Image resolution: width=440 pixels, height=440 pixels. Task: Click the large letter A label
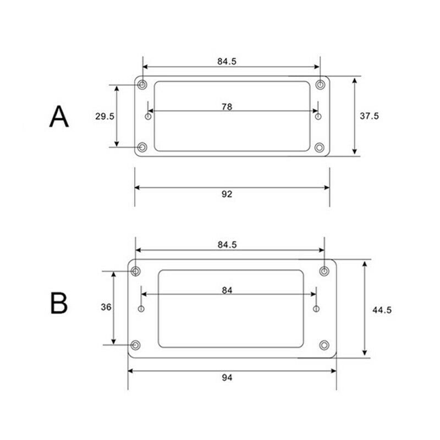(x=59, y=117)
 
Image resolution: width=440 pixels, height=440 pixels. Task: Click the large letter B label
(x=59, y=303)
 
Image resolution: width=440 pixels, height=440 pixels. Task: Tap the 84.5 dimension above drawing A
(x=227, y=61)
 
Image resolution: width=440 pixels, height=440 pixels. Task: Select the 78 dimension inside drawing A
(x=227, y=107)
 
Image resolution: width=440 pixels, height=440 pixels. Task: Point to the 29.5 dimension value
(x=105, y=116)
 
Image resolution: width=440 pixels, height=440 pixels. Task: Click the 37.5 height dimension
(x=369, y=116)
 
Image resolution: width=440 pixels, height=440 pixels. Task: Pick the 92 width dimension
(x=227, y=194)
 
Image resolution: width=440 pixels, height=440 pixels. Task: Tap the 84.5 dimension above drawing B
(x=227, y=245)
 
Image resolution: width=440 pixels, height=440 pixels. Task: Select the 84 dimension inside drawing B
(x=227, y=290)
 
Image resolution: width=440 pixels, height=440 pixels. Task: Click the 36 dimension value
(x=106, y=307)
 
